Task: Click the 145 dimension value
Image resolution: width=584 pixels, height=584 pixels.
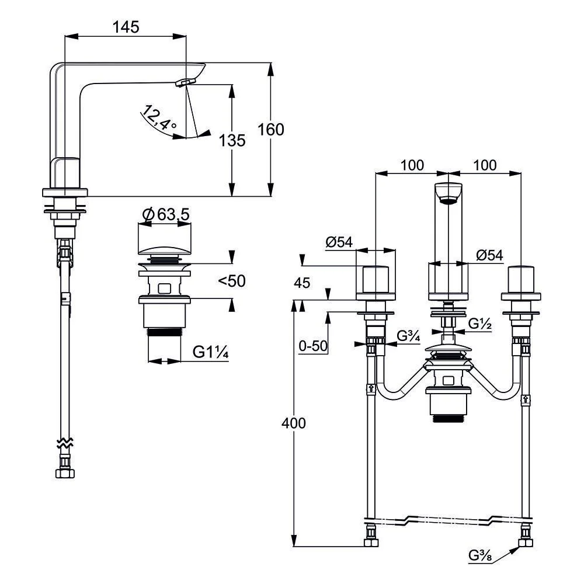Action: click(126, 27)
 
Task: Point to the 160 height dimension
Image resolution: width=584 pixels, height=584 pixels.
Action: click(271, 129)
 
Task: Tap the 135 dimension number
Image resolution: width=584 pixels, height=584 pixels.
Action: click(232, 140)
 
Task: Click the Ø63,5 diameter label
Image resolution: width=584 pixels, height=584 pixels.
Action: click(166, 214)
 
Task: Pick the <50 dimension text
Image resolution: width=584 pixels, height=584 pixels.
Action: click(232, 280)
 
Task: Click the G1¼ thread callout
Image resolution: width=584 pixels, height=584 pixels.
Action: click(210, 352)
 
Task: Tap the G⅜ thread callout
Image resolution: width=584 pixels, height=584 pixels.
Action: click(480, 556)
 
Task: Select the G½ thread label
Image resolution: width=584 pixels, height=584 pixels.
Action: click(480, 324)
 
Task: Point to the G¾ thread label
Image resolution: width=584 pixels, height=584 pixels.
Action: click(409, 336)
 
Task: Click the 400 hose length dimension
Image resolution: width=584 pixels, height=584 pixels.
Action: click(294, 423)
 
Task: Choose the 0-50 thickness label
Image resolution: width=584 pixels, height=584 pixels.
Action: click(313, 346)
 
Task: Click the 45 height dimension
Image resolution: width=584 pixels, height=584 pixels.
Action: click(302, 283)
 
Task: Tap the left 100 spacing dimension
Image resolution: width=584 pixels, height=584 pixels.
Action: click(412, 165)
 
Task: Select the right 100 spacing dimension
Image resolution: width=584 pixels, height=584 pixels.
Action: click(485, 165)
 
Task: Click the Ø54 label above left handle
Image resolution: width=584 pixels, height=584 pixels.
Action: click(339, 242)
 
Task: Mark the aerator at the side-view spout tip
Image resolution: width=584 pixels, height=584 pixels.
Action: click(185, 82)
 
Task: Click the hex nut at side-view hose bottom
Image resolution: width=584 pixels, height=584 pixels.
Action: click(65, 474)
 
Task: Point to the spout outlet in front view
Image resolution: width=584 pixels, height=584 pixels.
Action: click(449, 201)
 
